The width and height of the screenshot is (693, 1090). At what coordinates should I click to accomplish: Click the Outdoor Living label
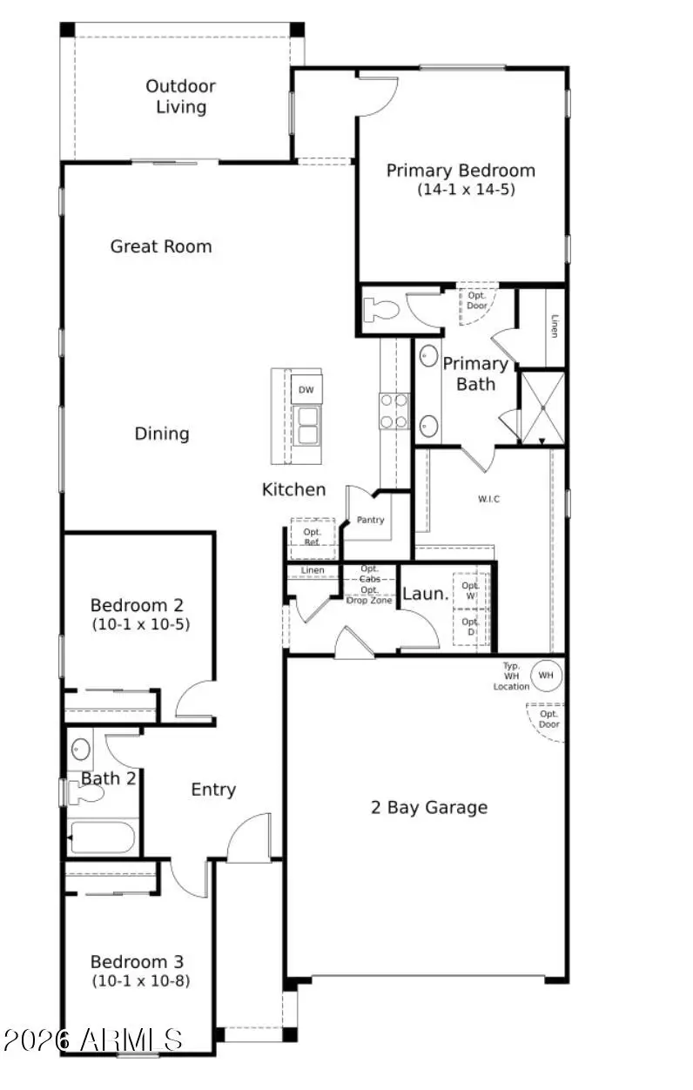coord(181,97)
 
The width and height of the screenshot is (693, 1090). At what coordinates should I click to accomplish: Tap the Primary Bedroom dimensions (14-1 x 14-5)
coord(466,189)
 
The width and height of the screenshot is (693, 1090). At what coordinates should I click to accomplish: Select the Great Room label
coord(161,246)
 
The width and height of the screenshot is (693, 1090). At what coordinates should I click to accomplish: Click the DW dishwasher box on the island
coord(306,390)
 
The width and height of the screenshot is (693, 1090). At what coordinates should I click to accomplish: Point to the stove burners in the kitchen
coord(394,411)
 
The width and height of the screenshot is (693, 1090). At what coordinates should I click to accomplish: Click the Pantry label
coord(370,520)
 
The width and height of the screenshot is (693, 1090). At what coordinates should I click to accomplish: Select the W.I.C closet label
coord(488,499)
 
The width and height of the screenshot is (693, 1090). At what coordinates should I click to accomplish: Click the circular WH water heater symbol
coord(547,674)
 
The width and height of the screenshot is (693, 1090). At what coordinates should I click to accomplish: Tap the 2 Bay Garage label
coord(429,808)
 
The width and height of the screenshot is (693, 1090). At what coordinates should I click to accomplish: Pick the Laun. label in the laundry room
coord(426,595)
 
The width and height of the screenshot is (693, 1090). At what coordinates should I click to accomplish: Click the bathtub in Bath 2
coord(103,838)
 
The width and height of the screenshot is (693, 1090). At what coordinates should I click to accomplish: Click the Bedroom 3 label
coord(138,962)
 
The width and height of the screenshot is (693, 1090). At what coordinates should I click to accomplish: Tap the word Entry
coord(213,790)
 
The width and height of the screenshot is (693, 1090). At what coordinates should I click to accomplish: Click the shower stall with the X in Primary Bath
coord(542,407)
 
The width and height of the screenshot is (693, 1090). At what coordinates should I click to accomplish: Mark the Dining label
coord(162,434)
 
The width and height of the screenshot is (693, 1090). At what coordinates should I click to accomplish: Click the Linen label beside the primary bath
coord(554,327)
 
